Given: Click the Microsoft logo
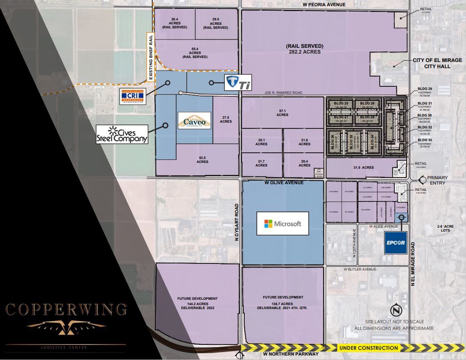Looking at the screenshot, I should (x=282, y=224).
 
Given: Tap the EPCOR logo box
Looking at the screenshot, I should (x=396, y=242).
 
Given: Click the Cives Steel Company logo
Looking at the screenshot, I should (x=122, y=134).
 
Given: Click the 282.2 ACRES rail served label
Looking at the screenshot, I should (x=304, y=49).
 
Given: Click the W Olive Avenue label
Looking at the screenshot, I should (x=284, y=182).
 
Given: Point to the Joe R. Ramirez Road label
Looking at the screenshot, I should (x=283, y=93).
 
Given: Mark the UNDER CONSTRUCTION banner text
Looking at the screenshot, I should (x=368, y=348).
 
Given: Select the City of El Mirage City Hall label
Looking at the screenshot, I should (x=431, y=63).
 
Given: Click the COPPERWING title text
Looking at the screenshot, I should (x=65, y=309).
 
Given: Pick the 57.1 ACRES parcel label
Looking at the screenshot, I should (x=282, y=112).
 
